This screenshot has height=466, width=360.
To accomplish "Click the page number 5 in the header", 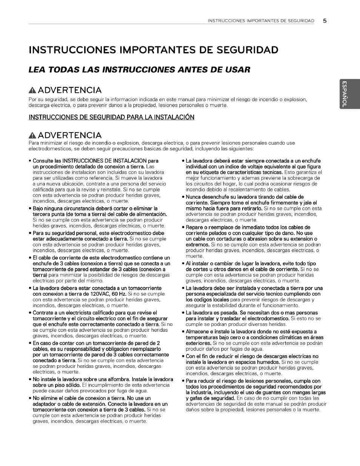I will click(x=325, y=21).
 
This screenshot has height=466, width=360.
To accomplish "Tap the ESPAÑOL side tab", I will click(x=344, y=94).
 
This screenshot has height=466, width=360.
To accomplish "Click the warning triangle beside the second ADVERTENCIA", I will click(x=32, y=135).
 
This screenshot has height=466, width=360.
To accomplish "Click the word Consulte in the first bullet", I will click(x=43, y=161).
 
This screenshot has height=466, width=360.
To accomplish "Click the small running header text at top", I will click(x=261, y=21).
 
